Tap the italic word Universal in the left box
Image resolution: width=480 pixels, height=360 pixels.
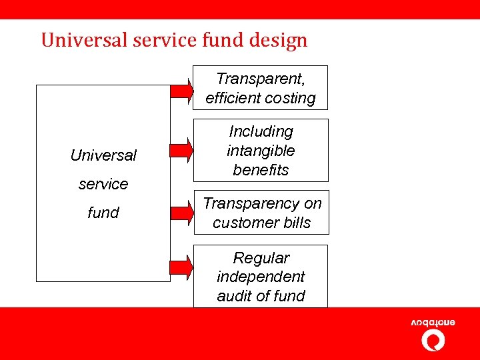[103, 155]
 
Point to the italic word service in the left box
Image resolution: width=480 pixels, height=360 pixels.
[103, 184]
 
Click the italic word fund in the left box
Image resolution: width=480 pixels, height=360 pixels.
[103, 213]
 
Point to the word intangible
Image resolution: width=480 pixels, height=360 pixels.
[261, 151]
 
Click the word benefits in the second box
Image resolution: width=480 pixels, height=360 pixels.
[261, 170]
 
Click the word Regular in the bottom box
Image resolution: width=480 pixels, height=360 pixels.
[261, 258]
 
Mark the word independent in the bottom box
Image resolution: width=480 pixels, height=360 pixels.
[261, 277]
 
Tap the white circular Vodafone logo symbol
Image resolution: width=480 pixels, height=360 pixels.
[433, 341]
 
